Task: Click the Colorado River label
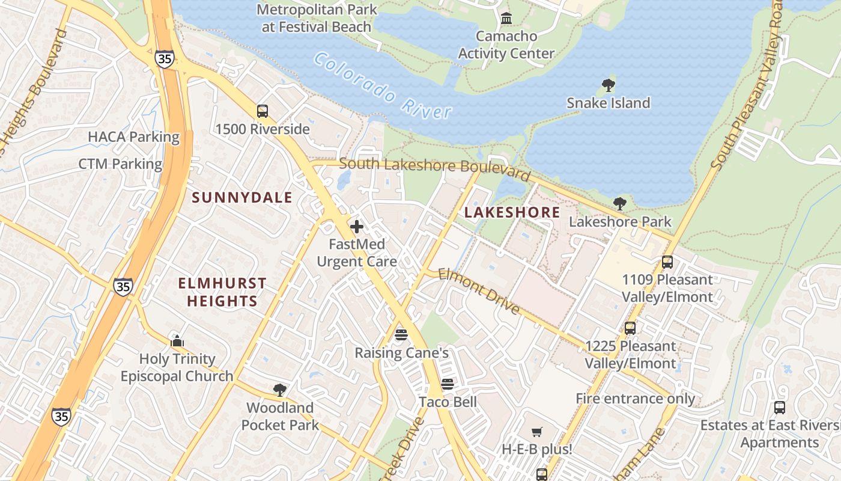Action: point(382,85)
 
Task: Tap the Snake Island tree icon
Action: point(608,85)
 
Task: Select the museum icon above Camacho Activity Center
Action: point(506,19)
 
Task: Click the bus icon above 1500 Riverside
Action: point(263,111)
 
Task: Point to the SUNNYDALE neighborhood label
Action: point(242,198)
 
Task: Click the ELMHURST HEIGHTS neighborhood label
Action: point(222,292)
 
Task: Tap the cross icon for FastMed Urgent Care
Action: point(357,227)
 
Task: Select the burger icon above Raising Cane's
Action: point(401,335)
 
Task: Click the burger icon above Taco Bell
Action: point(448,384)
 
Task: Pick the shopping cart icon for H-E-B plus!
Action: point(537,432)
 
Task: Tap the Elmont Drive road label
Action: point(478,291)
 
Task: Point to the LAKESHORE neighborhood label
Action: point(512,212)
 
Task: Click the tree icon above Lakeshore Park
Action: point(620,204)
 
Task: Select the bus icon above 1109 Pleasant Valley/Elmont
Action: point(667,262)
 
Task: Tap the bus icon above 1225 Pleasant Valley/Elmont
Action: point(630,328)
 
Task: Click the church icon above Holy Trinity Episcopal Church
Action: point(177,341)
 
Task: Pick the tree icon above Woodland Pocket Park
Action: point(279,390)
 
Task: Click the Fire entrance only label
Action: point(635,399)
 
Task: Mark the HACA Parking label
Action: point(133,137)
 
